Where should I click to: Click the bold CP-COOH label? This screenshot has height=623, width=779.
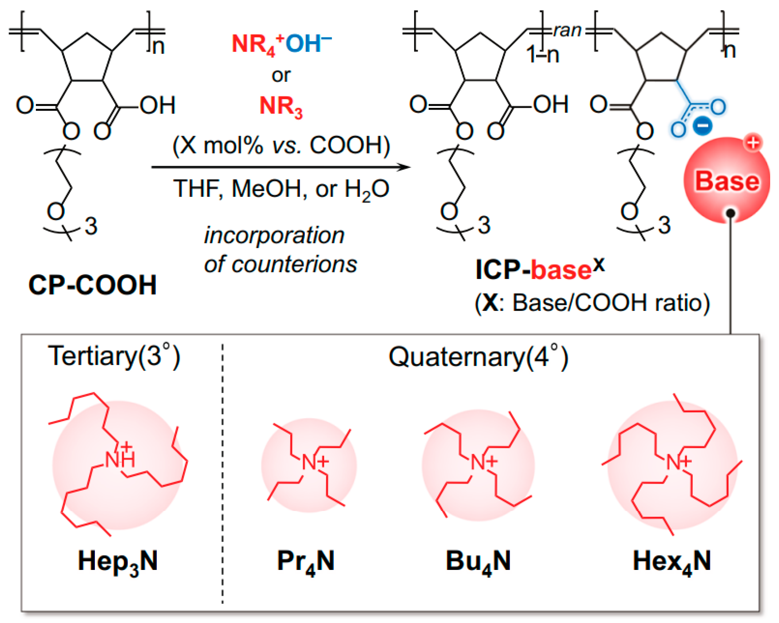92,285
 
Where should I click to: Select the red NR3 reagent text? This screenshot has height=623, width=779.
281,107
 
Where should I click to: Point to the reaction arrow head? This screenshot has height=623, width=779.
405,167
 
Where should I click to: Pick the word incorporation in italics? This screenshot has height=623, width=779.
274,235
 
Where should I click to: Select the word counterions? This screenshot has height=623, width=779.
294,264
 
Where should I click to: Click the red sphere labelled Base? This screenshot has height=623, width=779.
726,180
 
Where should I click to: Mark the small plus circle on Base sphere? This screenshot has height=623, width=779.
753,143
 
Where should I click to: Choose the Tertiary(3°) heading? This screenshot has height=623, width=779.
114,356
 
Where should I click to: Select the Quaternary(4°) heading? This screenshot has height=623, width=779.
478,357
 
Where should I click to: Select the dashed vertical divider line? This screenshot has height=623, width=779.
223,469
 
